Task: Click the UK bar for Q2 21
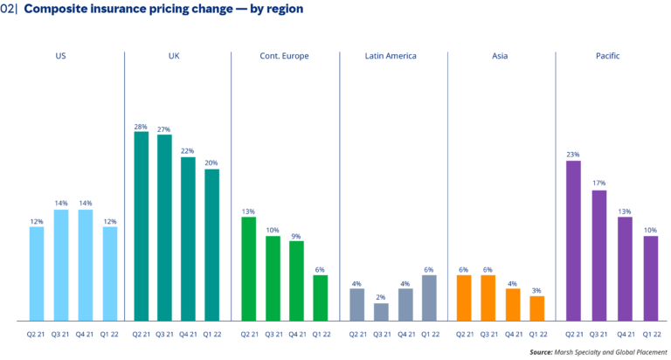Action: pos(141,226)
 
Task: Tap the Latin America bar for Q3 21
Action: pos(381,312)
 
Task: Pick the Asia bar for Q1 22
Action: pos(536,308)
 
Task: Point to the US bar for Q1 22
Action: pos(109,273)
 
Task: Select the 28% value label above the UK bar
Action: pos(141,127)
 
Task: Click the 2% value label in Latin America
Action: pos(381,298)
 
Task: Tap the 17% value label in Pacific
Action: pos(598,183)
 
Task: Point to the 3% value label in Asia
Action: pos(536,290)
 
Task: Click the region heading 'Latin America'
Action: pos(391,56)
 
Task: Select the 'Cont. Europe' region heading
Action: pos(284,56)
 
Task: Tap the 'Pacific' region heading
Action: pos(607,56)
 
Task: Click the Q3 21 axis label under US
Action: pos(60,333)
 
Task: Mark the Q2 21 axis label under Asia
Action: pos(464,333)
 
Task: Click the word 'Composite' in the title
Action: pos(60,10)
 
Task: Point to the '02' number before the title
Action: pos(7,10)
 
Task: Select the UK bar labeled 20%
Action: pos(211,245)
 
